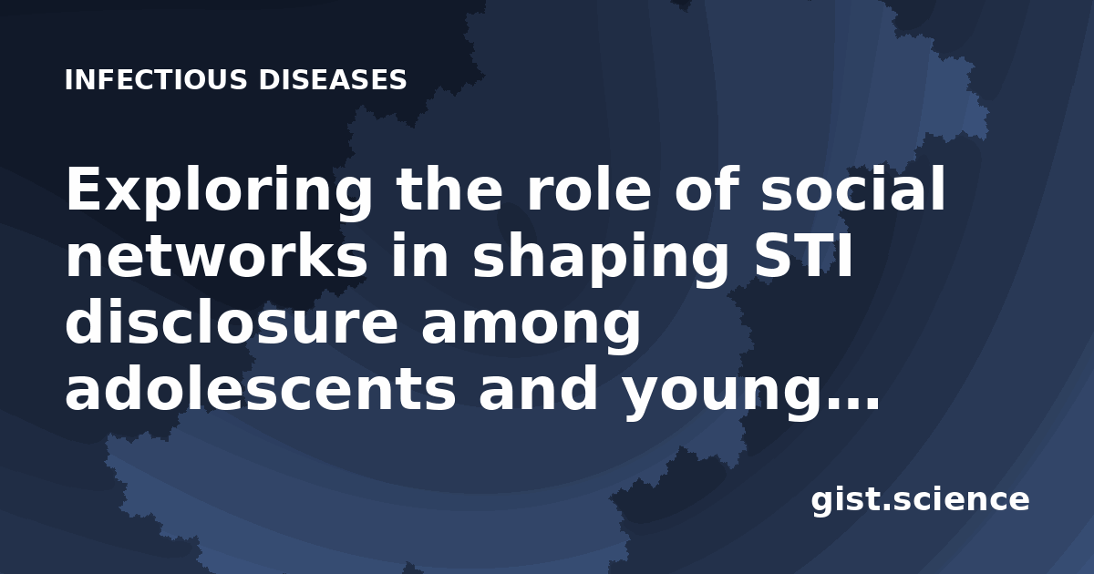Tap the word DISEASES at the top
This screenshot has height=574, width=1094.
(333, 79)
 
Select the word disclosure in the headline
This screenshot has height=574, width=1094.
(232, 323)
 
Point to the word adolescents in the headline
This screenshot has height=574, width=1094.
(261, 389)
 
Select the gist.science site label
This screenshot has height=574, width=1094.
(920, 500)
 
